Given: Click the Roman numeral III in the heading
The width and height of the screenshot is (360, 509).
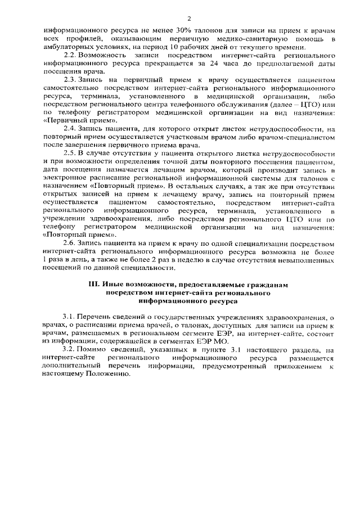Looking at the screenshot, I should (x=94, y=285).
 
